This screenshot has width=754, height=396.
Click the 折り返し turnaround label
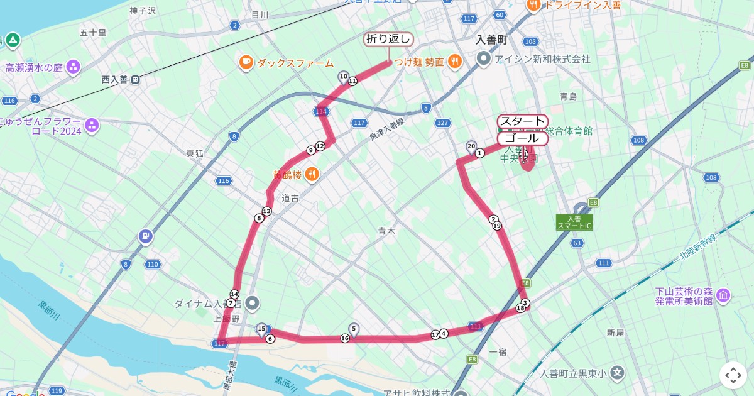pos(389,39)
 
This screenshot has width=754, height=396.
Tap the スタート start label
pos(522,121)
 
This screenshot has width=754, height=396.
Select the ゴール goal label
pos(522,138)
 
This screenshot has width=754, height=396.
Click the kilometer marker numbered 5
pos(354,328)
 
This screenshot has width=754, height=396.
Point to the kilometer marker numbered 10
pos(343,76)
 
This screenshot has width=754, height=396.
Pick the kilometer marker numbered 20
pos(471,146)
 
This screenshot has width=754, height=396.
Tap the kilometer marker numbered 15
pos(261,328)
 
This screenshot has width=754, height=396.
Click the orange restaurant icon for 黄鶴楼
pos(312,175)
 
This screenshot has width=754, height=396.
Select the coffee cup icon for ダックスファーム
pos(246,62)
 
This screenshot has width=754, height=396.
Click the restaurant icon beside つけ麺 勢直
pos(456,62)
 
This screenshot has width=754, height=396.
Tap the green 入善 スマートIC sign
pos(574,222)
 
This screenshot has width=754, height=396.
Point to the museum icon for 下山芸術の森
pos(723,295)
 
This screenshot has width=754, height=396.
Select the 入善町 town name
pos(491,40)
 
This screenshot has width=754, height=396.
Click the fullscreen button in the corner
pos(733,375)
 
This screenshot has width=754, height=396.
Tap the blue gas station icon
pos(146,236)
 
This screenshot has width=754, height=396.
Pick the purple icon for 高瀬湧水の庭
pos(74,67)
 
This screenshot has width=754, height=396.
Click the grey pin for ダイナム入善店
pos(253,304)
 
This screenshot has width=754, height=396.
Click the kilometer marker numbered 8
pos(259,218)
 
